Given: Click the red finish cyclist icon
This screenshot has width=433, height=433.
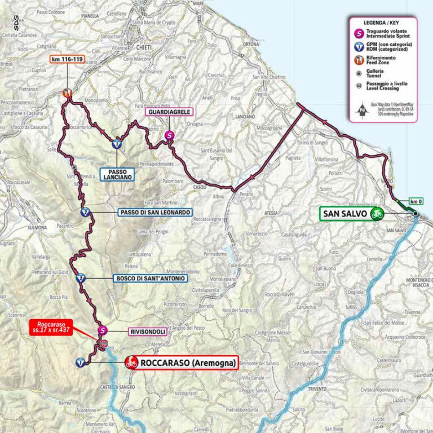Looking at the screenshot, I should tap(131, 363).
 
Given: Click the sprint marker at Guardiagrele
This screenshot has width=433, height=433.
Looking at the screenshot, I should tap(169, 135).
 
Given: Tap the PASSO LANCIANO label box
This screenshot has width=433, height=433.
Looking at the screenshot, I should tap(118, 174).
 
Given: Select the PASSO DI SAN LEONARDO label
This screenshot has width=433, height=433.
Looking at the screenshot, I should tap(155, 213).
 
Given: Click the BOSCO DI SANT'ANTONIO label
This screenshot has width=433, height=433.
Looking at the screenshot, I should tap(149, 278).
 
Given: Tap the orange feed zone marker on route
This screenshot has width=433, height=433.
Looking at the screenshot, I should tap(68, 94).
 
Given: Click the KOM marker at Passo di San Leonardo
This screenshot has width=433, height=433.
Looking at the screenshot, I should tap(84, 213).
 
